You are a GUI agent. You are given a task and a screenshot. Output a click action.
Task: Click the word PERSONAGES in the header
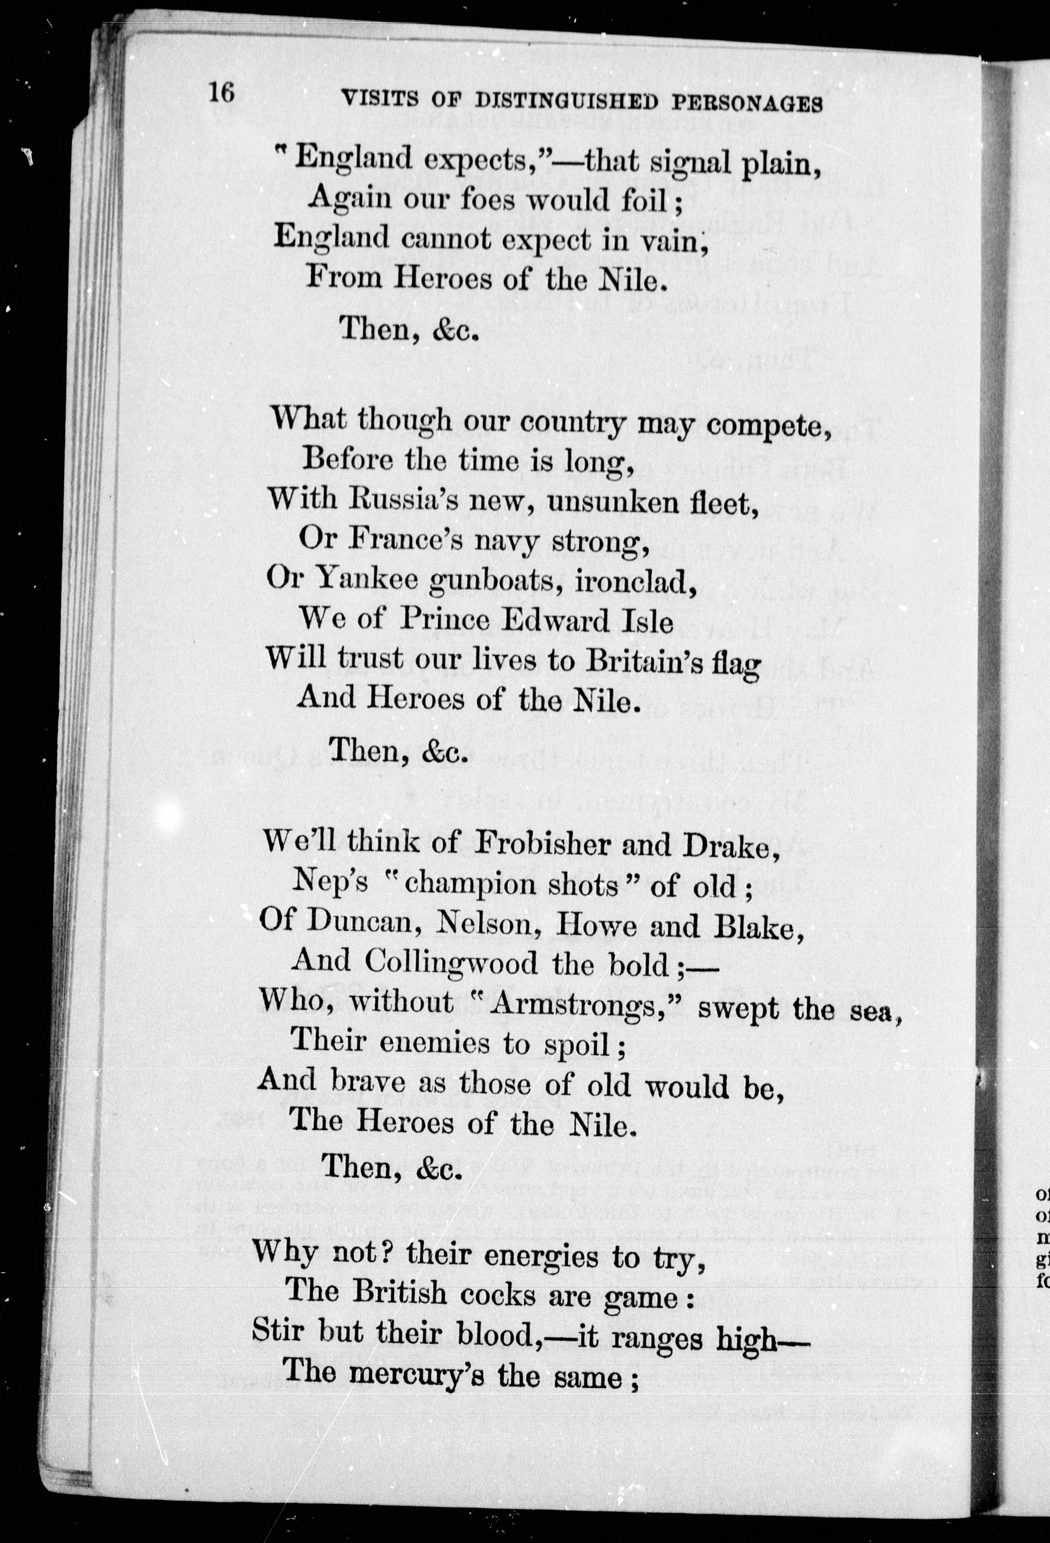pyautogui.click(x=747, y=104)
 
